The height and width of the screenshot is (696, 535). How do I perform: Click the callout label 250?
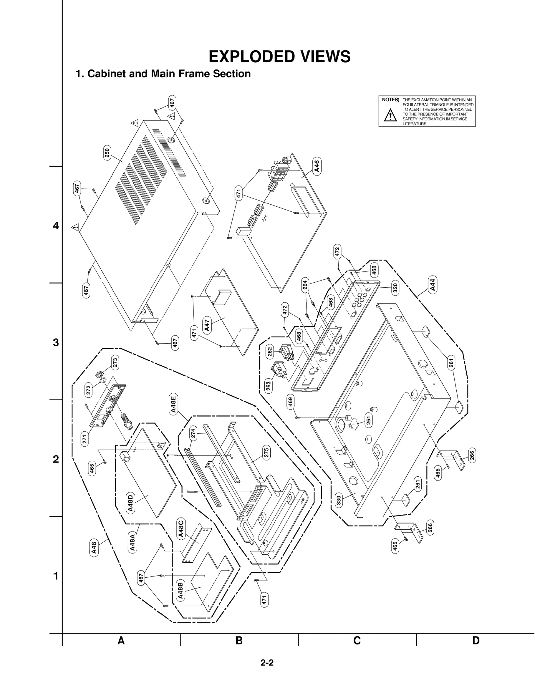coord(107,153)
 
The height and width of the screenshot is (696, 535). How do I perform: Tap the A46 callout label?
coord(317,166)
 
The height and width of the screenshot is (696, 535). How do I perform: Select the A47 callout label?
coord(207,325)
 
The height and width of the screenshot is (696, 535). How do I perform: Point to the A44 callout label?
coord(432,285)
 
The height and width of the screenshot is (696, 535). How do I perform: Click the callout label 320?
coord(395,288)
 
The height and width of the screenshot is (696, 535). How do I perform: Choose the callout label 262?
coord(270,352)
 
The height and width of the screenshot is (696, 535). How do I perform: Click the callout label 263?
coord(268,386)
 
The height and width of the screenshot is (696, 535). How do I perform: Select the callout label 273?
coord(115,363)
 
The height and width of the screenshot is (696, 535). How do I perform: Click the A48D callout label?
coord(130,504)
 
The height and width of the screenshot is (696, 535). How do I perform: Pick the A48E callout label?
coord(173,404)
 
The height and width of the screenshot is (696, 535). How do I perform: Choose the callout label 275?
coord(266,453)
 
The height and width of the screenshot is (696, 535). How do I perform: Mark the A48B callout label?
coord(180,591)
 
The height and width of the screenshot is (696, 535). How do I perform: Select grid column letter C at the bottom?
coord(357,641)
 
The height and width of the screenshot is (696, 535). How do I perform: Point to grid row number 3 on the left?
coord(56,343)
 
